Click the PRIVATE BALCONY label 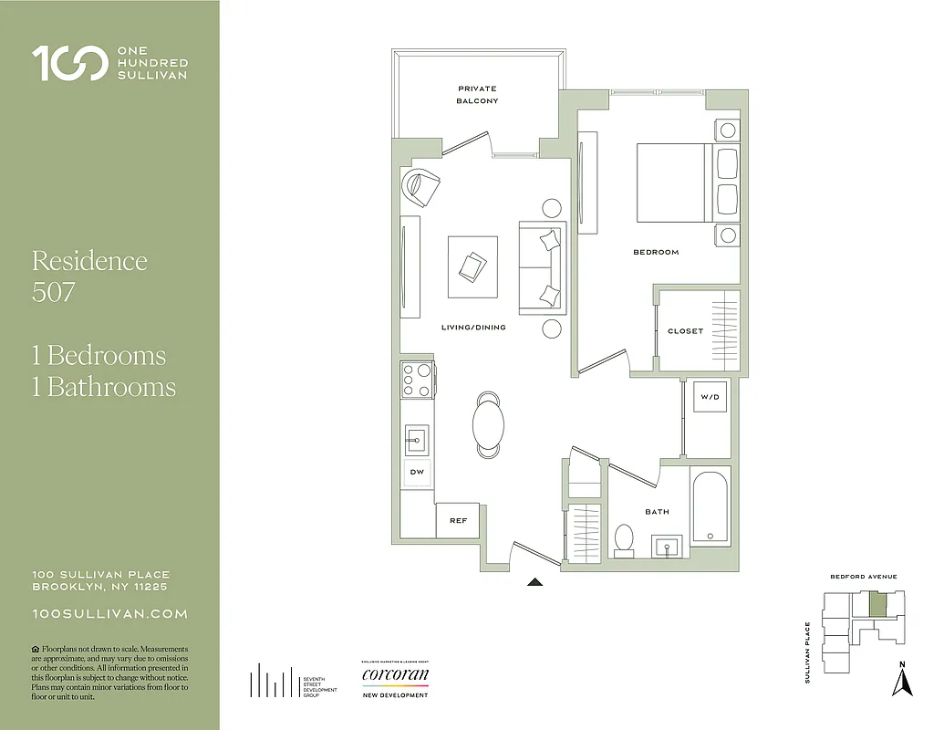(477, 95)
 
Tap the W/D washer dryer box (711, 398)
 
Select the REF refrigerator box (458, 520)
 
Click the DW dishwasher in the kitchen (417, 472)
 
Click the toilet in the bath (625, 539)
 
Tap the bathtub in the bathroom (709, 506)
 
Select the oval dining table (489, 423)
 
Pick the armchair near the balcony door (420, 188)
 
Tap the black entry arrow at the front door (535, 580)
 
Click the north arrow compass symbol (902, 680)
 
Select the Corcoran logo (395, 676)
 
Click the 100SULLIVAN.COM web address (109, 614)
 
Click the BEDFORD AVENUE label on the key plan (863, 577)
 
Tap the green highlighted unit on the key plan (877, 604)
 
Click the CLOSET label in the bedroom (685, 331)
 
